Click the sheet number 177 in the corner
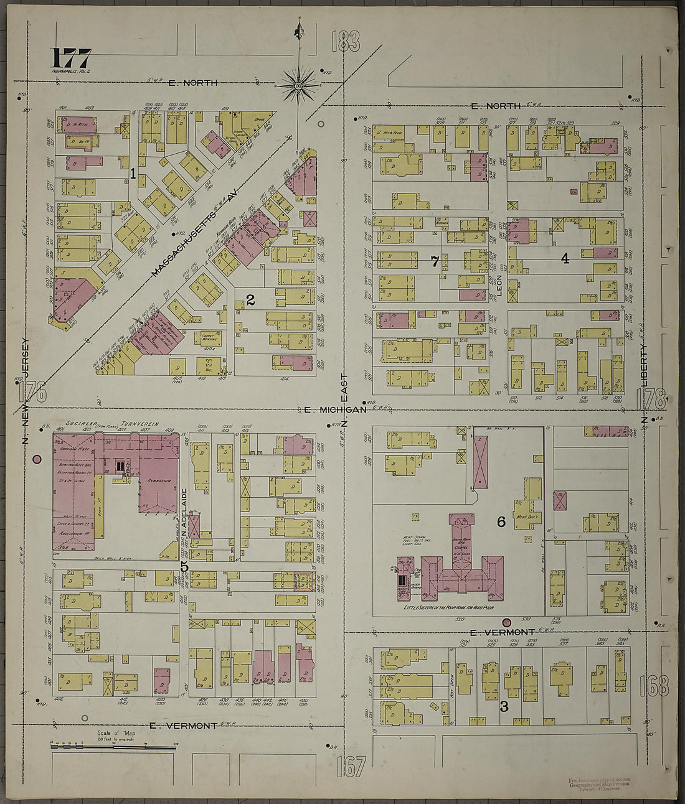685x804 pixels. [x=71, y=59]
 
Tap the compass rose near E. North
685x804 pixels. [x=299, y=84]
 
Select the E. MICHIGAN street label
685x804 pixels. [x=334, y=409]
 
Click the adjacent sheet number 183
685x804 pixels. [x=346, y=42]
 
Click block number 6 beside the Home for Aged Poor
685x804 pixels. [x=501, y=522]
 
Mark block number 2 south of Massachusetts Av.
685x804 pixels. [x=250, y=301]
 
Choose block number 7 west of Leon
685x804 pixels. [x=435, y=261]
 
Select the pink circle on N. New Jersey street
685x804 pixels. [x=37, y=460]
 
